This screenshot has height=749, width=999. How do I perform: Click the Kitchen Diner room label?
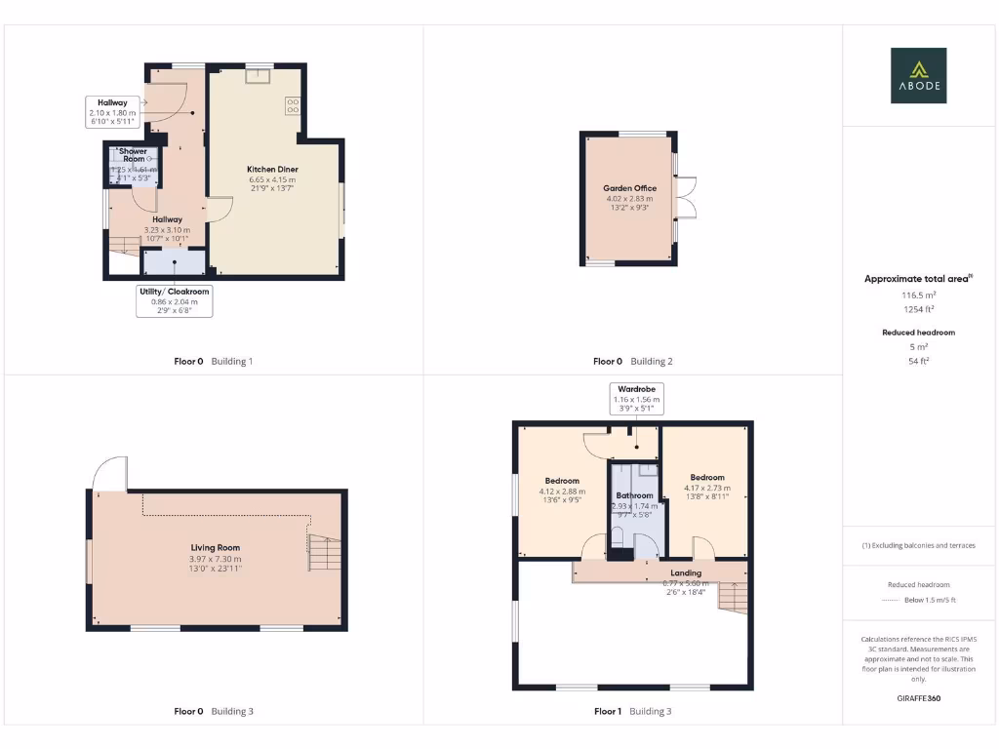tap(272, 170)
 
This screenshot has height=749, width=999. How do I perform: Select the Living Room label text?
tap(215, 548)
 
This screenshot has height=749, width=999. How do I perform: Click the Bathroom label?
tap(634, 495)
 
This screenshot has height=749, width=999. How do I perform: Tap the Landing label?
tap(686, 573)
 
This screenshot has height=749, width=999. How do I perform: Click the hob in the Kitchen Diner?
tap(292, 105)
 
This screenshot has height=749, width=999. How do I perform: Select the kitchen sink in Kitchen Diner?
tap(259, 77)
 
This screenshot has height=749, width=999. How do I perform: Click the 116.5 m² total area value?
tap(917, 294)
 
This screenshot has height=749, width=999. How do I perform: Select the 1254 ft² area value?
tap(917, 308)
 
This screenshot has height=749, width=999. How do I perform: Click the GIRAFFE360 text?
tap(917, 698)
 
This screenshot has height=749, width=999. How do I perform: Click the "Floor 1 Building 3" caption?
tap(633, 711)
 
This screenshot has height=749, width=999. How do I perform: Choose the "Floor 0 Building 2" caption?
tap(633, 361)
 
